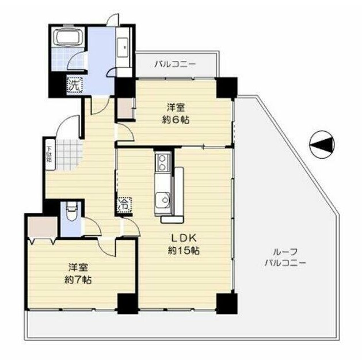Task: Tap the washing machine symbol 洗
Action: coord(74,85)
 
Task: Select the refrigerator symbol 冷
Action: coord(124,204)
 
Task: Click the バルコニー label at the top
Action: coord(176,64)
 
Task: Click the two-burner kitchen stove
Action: coord(162,162)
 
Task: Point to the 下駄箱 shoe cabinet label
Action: coord(49,155)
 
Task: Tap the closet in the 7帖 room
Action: coord(40,227)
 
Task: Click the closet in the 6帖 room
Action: coord(125,109)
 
